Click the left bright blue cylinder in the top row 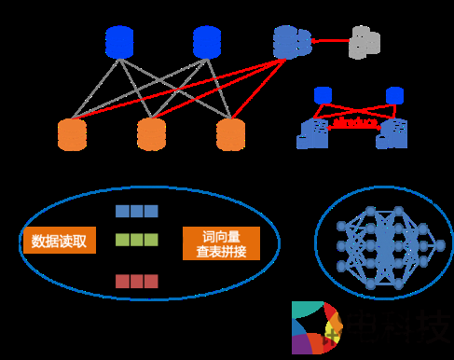tap(119, 42)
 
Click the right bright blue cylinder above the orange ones tap(206, 42)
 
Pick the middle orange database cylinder tap(151, 134)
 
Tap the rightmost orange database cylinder tap(229, 134)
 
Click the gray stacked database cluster tap(365, 42)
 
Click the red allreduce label tap(355, 122)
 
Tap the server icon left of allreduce tap(312, 133)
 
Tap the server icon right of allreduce tap(392, 133)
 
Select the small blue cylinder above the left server tap(323, 94)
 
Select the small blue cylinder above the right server tap(394, 94)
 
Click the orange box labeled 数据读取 tap(59, 242)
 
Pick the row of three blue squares tap(136, 211)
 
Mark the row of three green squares tap(136, 240)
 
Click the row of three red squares tap(136, 281)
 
